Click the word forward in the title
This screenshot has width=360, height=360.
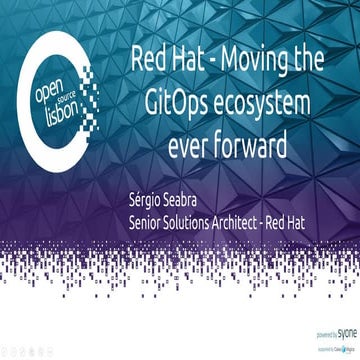click(251, 146)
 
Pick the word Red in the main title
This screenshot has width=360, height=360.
click(148, 61)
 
